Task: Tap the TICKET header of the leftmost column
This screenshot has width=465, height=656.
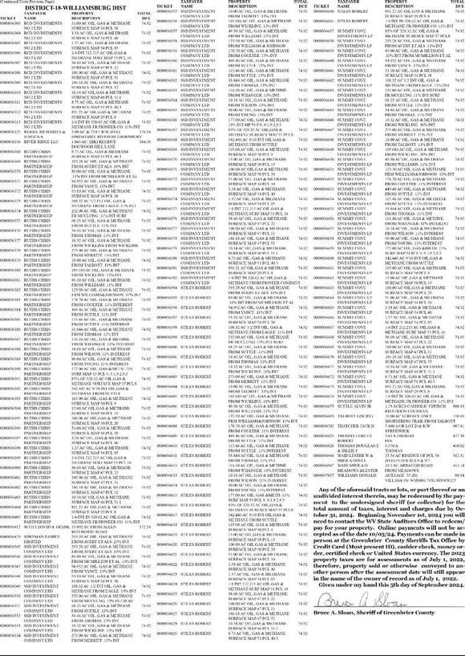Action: [10, 18]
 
